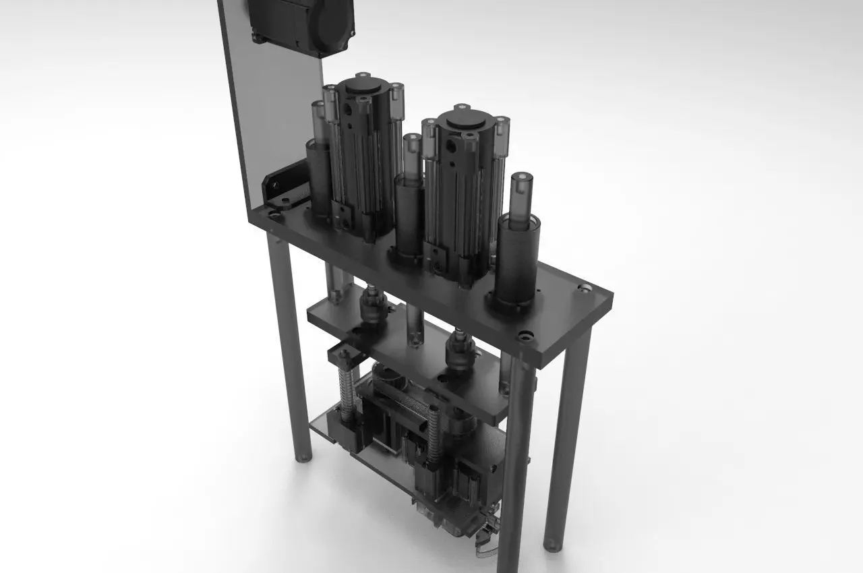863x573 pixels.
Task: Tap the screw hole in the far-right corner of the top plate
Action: coord(584,288)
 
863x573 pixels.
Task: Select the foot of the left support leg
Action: coord(304,456)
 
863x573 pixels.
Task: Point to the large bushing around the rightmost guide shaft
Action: coord(517,263)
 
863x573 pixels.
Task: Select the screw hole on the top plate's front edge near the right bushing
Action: coord(523,334)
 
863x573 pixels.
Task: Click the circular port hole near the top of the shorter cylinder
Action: coord(468,144)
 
